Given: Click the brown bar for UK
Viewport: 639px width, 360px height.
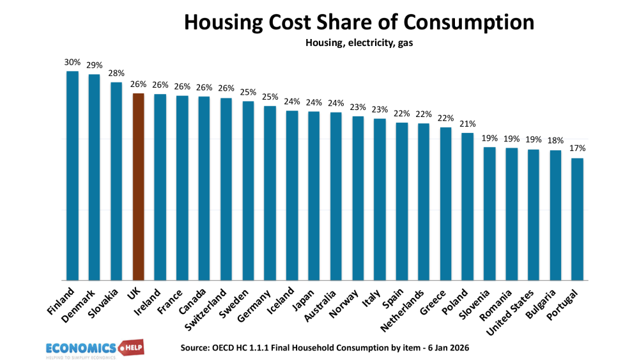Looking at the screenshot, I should (138, 186).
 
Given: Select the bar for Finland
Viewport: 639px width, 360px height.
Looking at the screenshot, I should (72, 175).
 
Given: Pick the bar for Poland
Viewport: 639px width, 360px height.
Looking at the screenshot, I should (467, 206).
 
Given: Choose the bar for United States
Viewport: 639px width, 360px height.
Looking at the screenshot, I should (534, 214).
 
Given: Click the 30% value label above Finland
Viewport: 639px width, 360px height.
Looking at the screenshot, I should (72, 62).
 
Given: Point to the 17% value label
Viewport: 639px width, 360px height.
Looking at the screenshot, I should (578, 148).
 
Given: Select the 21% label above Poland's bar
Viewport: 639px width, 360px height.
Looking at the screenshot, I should (468, 123).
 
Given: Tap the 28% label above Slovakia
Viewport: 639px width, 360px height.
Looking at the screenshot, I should (116, 73).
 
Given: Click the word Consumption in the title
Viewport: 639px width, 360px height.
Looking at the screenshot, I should (470, 22).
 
